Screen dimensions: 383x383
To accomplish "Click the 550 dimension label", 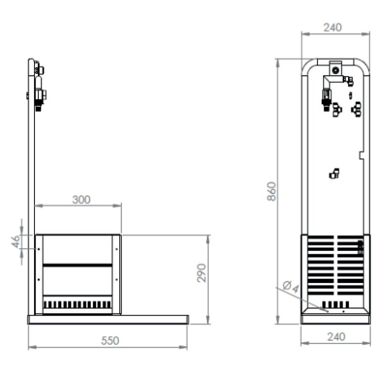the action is point(110,341).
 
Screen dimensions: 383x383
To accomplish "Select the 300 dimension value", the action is point(81,200).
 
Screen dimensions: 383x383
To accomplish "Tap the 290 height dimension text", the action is point(202,273).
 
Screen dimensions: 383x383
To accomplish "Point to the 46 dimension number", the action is point(16,242).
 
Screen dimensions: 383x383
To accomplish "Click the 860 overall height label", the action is point(271,191).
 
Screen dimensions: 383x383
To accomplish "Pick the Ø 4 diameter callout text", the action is point(291,287).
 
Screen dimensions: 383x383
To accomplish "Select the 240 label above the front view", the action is point(332,27).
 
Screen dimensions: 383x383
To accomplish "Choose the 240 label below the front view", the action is point(336,337).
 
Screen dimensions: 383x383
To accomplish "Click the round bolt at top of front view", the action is point(336,70).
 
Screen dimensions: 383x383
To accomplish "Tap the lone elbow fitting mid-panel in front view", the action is point(334,173).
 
